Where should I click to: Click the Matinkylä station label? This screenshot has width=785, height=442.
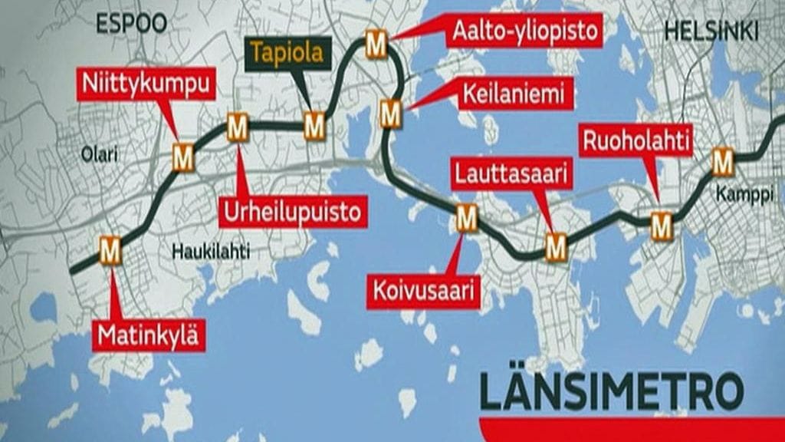click(x=149, y=335)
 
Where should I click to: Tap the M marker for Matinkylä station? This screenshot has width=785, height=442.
click(x=110, y=250)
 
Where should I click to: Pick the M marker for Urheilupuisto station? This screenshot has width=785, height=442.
click(x=238, y=127)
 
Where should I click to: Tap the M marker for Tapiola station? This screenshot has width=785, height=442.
click(x=314, y=126)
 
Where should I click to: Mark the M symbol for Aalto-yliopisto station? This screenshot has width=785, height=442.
click(x=376, y=45)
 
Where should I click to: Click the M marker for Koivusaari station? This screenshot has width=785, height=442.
click(x=466, y=219)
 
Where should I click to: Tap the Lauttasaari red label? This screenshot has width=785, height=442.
click(x=511, y=174)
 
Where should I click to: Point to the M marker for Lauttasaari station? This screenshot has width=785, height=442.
click(x=556, y=247)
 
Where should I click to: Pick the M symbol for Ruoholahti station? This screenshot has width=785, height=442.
click(x=661, y=226)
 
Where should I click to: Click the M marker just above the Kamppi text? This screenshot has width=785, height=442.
click(x=722, y=162)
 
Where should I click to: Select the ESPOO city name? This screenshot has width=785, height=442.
click(x=131, y=24)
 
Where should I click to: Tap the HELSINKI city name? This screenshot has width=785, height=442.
click(x=711, y=31)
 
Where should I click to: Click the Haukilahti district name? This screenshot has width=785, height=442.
click(x=210, y=251)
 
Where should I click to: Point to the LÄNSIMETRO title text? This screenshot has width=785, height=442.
click(x=611, y=391)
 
